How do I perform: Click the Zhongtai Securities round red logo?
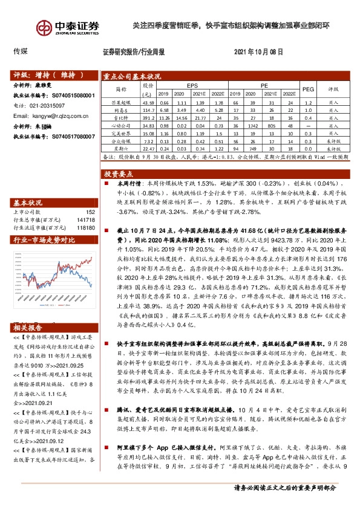click(x=44, y=28)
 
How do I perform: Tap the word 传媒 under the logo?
click(x=21, y=52)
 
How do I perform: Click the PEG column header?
click(x=308, y=88)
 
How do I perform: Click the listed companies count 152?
click(x=90, y=212)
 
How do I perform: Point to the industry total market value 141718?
click(x=86, y=220)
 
